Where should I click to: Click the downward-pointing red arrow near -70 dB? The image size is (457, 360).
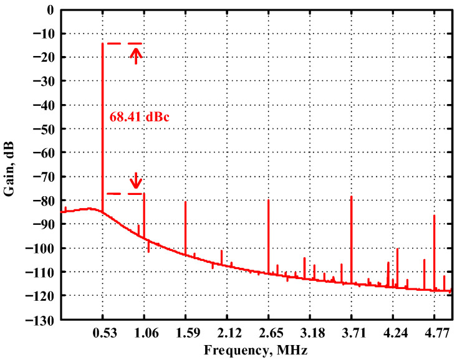tap(135, 181)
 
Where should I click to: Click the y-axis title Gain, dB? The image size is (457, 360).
tap(11, 164)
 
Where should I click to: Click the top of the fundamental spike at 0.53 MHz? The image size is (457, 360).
tap(102, 44)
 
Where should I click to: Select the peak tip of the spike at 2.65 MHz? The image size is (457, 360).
tap(269, 200)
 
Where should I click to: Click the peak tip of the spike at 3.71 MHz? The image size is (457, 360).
tap(352, 196)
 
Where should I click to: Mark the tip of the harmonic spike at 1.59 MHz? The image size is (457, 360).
tap(186, 202)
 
